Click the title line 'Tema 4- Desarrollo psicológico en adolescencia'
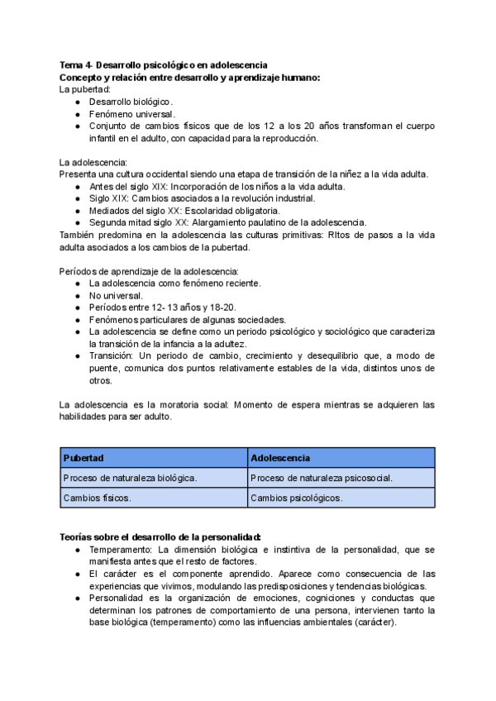pyautogui.click(x=163, y=65)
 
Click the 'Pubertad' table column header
pyautogui.click(x=83, y=457)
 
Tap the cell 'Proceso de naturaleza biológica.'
pyautogui.click(x=130, y=478)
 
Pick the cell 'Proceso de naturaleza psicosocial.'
pyautogui.click(x=321, y=478)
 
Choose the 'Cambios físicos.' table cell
pyautogui.click(x=98, y=498)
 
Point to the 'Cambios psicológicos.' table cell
pyautogui.click(x=296, y=498)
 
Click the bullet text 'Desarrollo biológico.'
pyautogui.click(x=131, y=102)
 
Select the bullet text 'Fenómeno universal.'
pyautogui.click(x=132, y=114)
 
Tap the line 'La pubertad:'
pyautogui.click(x=84, y=89)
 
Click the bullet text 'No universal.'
pyautogui.click(x=116, y=295)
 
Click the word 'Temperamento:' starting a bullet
pyautogui.click(x=121, y=549)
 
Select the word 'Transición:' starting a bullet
pyautogui.click(x=114, y=355)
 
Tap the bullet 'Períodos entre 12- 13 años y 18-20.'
pyautogui.click(x=160, y=308)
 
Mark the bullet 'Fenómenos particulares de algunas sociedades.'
pyautogui.click(x=188, y=319)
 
